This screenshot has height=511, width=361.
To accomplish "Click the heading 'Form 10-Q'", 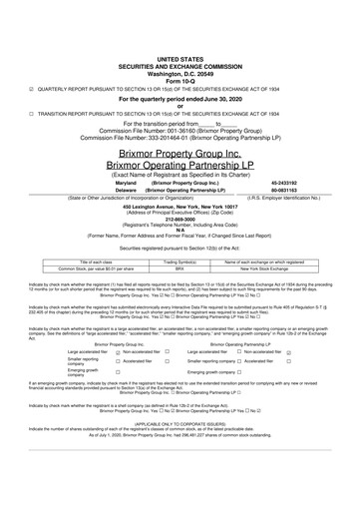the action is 180,53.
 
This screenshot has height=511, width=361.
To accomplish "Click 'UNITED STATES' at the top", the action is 180,32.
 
